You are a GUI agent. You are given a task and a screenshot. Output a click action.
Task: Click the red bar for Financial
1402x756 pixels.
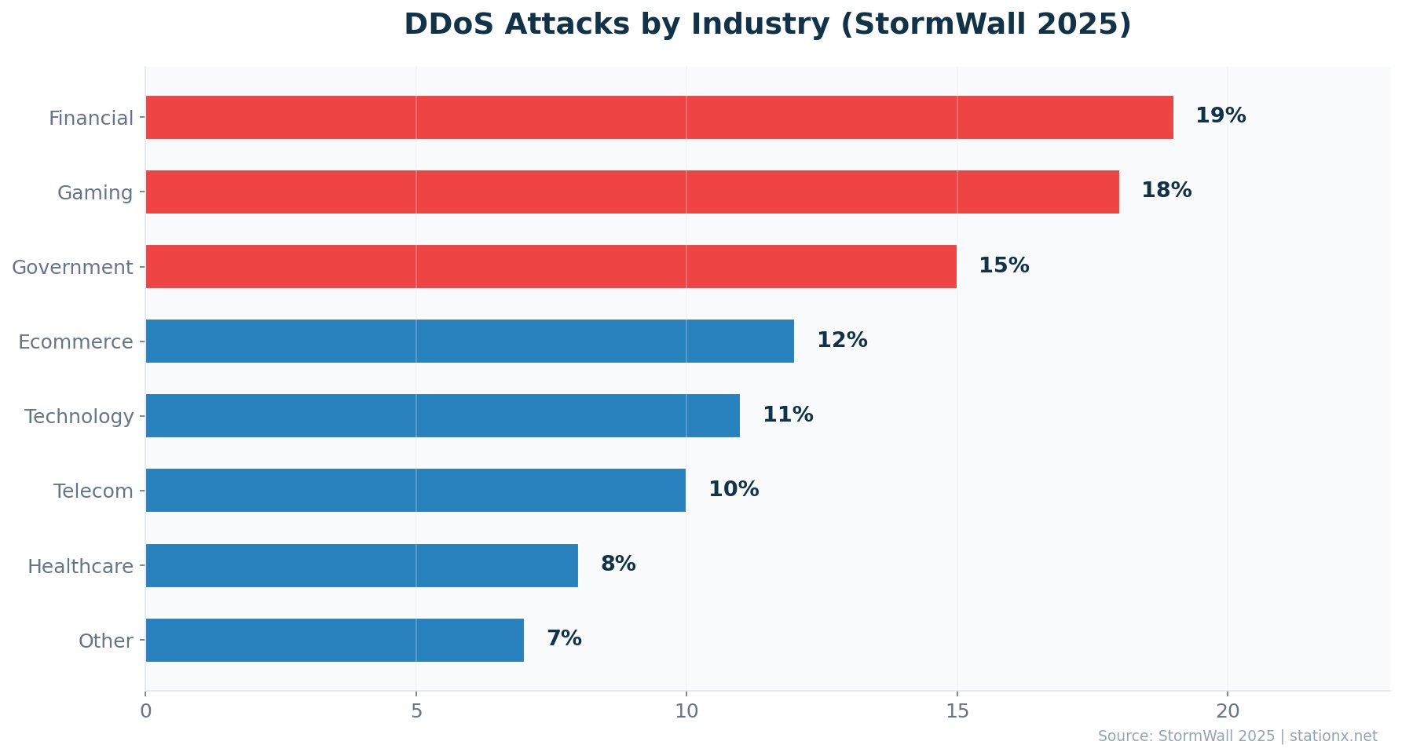click(x=659, y=118)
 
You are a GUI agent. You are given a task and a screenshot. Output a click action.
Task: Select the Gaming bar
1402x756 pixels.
click(x=632, y=192)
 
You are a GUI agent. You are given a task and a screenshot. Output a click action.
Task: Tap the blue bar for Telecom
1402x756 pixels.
click(x=415, y=491)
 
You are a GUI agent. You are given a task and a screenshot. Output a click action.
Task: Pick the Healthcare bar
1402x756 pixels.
click(x=361, y=565)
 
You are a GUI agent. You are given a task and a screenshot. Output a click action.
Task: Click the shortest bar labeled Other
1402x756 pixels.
click(x=335, y=640)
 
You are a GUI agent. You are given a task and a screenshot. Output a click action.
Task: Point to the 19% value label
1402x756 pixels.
click(x=1220, y=116)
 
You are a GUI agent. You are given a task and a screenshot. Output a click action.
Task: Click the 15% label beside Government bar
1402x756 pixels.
click(x=1003, y=266)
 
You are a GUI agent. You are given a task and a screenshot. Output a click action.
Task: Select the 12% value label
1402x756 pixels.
click(x=841, y=341)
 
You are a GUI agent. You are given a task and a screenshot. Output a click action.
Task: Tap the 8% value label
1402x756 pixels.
click(x=617, y=564)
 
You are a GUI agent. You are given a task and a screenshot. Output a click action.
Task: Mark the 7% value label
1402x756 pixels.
click(x=563, y=639)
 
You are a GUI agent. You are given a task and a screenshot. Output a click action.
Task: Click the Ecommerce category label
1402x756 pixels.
click(x=75, y=342)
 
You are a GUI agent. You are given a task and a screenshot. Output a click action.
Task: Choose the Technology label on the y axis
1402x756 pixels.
click(x=79, y=417)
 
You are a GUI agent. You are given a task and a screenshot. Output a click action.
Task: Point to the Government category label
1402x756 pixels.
click(x=72, y=268)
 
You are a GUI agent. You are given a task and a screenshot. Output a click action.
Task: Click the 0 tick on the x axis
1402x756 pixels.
click(x=146, y=711)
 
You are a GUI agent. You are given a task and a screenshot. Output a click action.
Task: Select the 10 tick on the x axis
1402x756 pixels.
click(x=686, y=711)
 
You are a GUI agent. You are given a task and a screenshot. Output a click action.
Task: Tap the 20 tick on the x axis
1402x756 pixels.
click(x=1227, y=711)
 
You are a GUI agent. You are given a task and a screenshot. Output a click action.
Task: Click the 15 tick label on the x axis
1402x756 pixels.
click(x=957, y=711)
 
